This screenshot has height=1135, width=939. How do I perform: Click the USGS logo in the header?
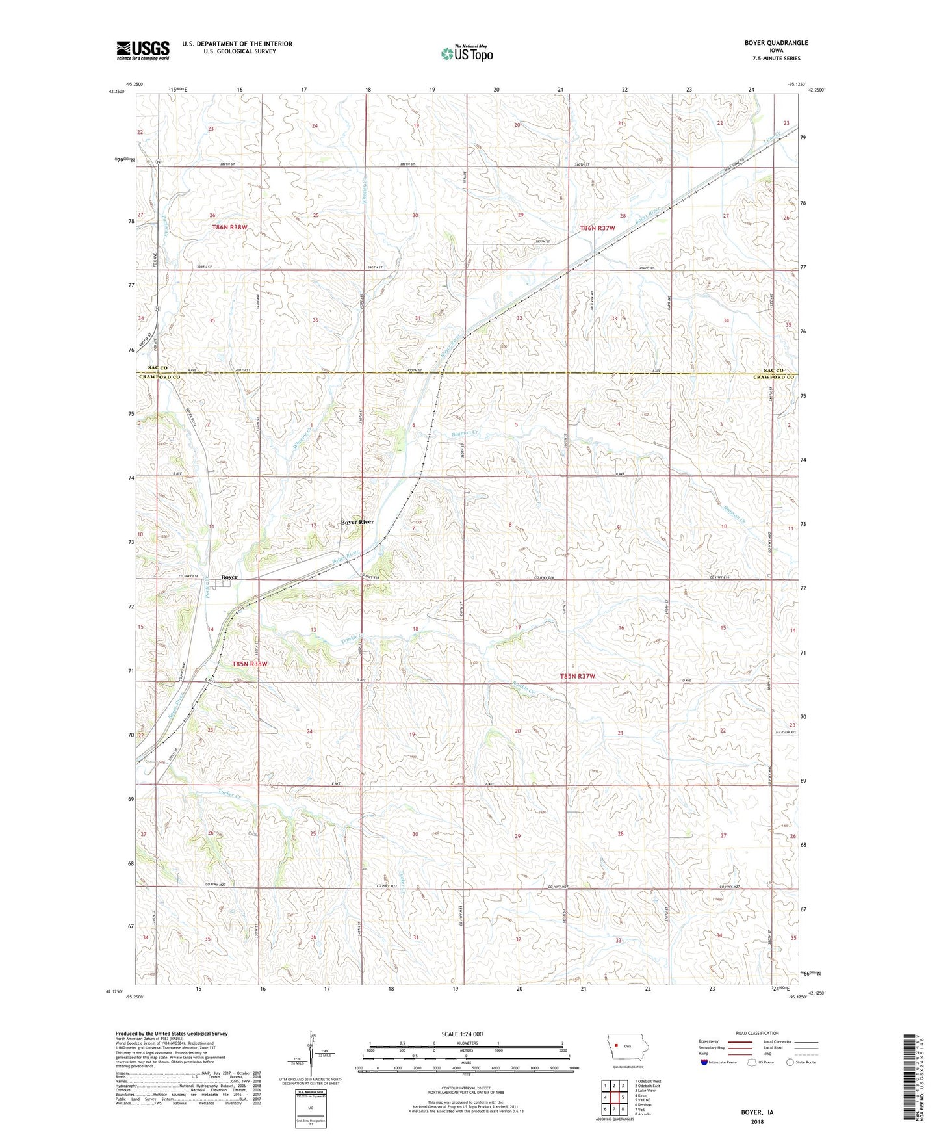(x=142, y=50)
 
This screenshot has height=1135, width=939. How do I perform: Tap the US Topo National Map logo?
(x=466, y=53)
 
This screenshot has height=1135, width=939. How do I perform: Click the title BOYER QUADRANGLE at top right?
(x=776, y=43)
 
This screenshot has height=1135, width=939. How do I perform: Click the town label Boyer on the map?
(x=229, y=577)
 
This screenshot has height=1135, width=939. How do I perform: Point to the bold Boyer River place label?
(x=357, y=522)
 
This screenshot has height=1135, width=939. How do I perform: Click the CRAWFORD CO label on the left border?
(x=159, y=377)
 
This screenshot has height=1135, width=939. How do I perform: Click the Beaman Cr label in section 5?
(x=464, y=433)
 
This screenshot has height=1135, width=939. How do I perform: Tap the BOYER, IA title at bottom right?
(x=757, y=1112)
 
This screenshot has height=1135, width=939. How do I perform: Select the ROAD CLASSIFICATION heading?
(x=758, y=1033)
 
